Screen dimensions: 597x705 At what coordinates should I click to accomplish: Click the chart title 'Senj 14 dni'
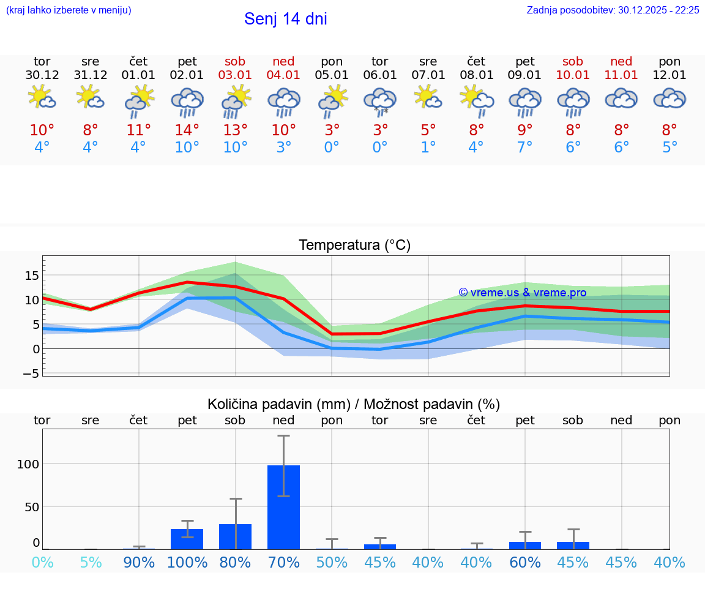285,19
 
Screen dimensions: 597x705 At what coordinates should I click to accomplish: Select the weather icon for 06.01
380,101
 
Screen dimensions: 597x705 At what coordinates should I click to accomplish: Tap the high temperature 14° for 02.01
187,130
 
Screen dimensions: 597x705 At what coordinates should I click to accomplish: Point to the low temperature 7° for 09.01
524,148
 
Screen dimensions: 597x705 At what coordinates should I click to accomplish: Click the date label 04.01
283,75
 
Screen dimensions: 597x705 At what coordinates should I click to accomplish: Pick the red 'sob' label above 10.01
573,61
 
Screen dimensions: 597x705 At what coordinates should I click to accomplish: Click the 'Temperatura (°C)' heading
354,245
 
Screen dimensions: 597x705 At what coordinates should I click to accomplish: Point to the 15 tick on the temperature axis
31,276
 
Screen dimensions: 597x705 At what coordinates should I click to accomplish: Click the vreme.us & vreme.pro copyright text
522,293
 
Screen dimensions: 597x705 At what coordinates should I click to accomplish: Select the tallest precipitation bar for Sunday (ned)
283,507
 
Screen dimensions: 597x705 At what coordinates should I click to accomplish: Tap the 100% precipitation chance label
188,562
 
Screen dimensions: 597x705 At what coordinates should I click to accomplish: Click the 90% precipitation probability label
139,562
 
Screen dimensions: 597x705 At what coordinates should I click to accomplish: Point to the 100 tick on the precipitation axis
28,464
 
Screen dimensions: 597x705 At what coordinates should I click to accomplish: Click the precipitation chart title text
354,404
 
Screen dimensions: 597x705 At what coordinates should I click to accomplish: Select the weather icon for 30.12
42,98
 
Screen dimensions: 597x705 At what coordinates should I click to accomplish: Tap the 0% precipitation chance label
42,562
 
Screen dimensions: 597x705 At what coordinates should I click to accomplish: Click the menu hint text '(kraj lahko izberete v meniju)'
69,10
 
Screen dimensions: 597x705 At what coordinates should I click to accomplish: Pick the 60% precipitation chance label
525,562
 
